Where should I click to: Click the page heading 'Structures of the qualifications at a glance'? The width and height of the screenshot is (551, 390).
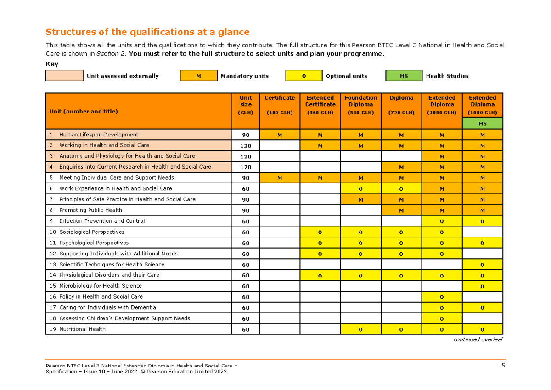[147, 32]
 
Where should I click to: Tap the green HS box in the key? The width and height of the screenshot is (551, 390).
[404, 76]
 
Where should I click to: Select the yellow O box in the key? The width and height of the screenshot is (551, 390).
[304, 76]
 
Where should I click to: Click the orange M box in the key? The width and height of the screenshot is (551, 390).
[198, 76]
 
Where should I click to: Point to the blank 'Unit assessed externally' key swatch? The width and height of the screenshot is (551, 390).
[64, 76]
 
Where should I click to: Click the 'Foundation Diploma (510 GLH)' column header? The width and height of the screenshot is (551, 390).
[360, 105]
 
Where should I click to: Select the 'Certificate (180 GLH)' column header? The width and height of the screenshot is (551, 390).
[280, 105]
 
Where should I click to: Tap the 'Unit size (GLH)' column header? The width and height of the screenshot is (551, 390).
[246, 105]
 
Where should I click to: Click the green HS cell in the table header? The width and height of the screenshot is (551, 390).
[483, 124]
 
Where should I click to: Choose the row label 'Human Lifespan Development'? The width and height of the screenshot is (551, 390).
[99, 135]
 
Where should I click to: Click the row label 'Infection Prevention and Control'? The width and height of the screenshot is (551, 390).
[102, 221]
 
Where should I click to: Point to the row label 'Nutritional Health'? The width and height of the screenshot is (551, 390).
[82, 329]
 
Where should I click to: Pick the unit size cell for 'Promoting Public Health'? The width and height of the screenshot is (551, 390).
[246, 210]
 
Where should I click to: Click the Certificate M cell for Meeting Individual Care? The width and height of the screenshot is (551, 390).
[280, 178]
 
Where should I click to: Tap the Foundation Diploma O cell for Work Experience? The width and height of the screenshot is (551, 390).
[360, 189]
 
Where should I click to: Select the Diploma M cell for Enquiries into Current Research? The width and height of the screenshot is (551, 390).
[401, 167]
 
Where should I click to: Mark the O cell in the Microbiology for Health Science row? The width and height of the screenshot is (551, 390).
[483, 286]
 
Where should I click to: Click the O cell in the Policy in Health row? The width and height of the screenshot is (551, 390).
[442, 297]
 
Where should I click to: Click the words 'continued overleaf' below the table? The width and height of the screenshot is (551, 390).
[478, 339]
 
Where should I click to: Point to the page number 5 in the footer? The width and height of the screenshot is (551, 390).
[503, 366]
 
